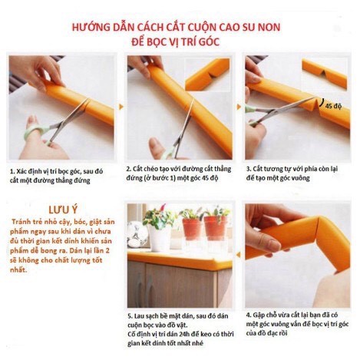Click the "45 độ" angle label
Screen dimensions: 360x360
pos(332,106)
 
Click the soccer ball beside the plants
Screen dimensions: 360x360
pos(137,233)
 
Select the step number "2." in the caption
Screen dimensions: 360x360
pos(129,167)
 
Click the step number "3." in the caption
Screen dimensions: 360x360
pos(249,167)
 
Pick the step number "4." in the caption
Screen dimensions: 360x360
pos(249,314)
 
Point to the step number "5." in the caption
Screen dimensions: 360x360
pos(129,315)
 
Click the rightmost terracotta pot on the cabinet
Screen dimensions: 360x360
pos(216,228)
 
